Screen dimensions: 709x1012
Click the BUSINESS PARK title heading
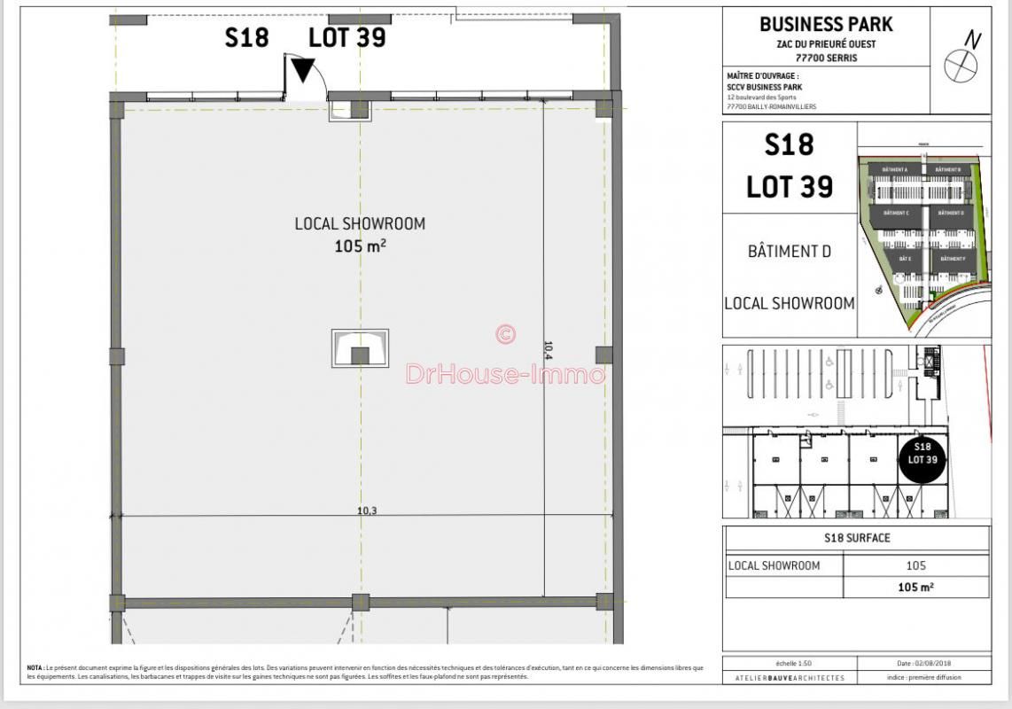[x=826, y=24]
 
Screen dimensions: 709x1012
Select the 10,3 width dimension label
[x=368, y=510]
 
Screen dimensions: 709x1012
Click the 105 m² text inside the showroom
[x=360, y=246]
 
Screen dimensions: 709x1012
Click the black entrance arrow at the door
[x=303, y=70]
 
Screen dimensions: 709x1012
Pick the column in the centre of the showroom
[x=360, y=354]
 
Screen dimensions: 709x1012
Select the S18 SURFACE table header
[x=857, y=538]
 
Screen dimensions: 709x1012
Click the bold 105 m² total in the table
[x=915, y=587]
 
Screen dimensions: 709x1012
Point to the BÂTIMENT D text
[x=790, y=251]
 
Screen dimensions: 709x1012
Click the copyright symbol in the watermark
[x=505, y=333]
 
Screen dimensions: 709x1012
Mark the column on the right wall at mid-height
[x=603, y=354]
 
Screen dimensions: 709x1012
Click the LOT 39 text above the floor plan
[x=346, y=37]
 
